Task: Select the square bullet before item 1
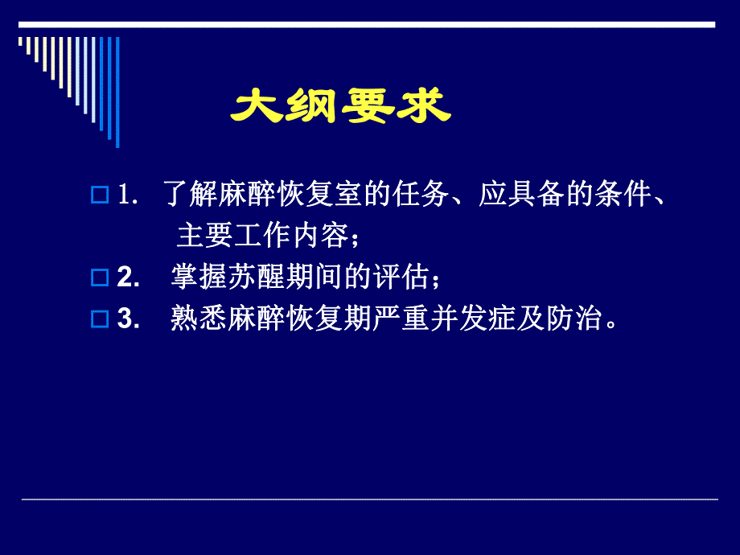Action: (100, 195)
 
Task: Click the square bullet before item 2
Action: (100, 279)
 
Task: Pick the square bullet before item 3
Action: (100, 319)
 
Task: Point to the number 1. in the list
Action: (128, 195)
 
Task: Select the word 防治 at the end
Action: (578, 319)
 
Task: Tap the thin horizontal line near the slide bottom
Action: (369, 499)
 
